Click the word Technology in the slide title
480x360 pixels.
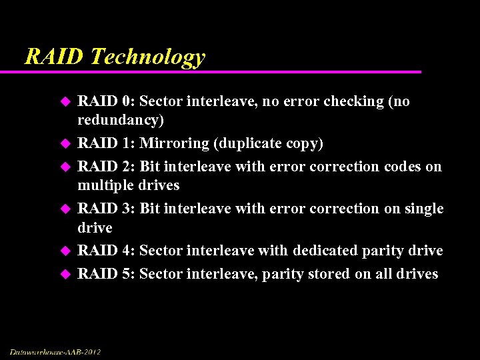coord(148,57)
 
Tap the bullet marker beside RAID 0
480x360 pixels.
coord(65,101)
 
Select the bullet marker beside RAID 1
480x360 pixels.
coord(65,143)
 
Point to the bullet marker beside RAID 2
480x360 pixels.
coord(65,166)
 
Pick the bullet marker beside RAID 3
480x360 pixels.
coord(65,209)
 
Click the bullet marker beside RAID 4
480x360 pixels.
coord(65,251)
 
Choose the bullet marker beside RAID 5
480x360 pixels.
coord(65,273)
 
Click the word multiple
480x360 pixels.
coord(105,185)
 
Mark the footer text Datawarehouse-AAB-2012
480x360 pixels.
coord(55,351)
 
